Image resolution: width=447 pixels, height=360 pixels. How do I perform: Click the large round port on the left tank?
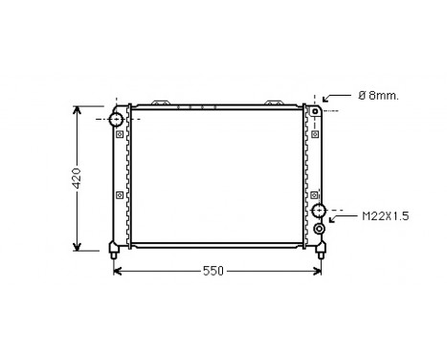click(x=116, y=119)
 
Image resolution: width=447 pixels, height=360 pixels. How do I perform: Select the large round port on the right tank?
click(x=319, y=211)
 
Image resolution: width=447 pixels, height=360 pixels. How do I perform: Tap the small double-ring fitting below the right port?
click(x=320, y=229)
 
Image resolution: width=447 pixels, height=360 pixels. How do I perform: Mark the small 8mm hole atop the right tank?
click(x=313, y=112)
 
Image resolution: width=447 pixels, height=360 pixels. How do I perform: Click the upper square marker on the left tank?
click(x=119, y=135)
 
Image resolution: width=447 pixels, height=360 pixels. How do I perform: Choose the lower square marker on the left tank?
click(x=119, y=195)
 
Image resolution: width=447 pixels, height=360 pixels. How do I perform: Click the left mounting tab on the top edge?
click(x=162, y=101)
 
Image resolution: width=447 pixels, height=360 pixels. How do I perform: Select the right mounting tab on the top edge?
click(x=275, y=101)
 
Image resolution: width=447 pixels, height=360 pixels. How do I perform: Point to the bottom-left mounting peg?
click(x=114, y=252)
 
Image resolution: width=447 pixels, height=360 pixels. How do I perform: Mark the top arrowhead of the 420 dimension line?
click(x=78, y=108)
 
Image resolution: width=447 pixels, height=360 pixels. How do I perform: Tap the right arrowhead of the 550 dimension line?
click(x=320, y=271)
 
